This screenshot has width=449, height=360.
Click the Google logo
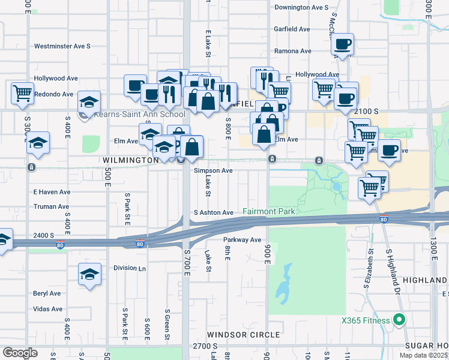[20, 352]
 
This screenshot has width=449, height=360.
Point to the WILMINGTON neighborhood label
[130, 161]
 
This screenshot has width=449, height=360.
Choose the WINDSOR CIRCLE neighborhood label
[244, 334]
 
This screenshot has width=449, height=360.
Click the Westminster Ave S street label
[62, 46]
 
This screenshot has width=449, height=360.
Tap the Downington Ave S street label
[301, 8]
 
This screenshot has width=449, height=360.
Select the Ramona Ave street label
[293, 51]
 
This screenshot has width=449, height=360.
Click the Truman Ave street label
[51, 206]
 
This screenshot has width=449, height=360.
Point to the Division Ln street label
[130, 268]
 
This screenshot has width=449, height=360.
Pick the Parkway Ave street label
[243, 240]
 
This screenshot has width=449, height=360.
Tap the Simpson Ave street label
[213, 170]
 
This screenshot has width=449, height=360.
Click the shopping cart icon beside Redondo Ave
[22, 94]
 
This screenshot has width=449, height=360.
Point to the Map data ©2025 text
[423, 355]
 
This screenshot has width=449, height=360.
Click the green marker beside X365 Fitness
[397, 320]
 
